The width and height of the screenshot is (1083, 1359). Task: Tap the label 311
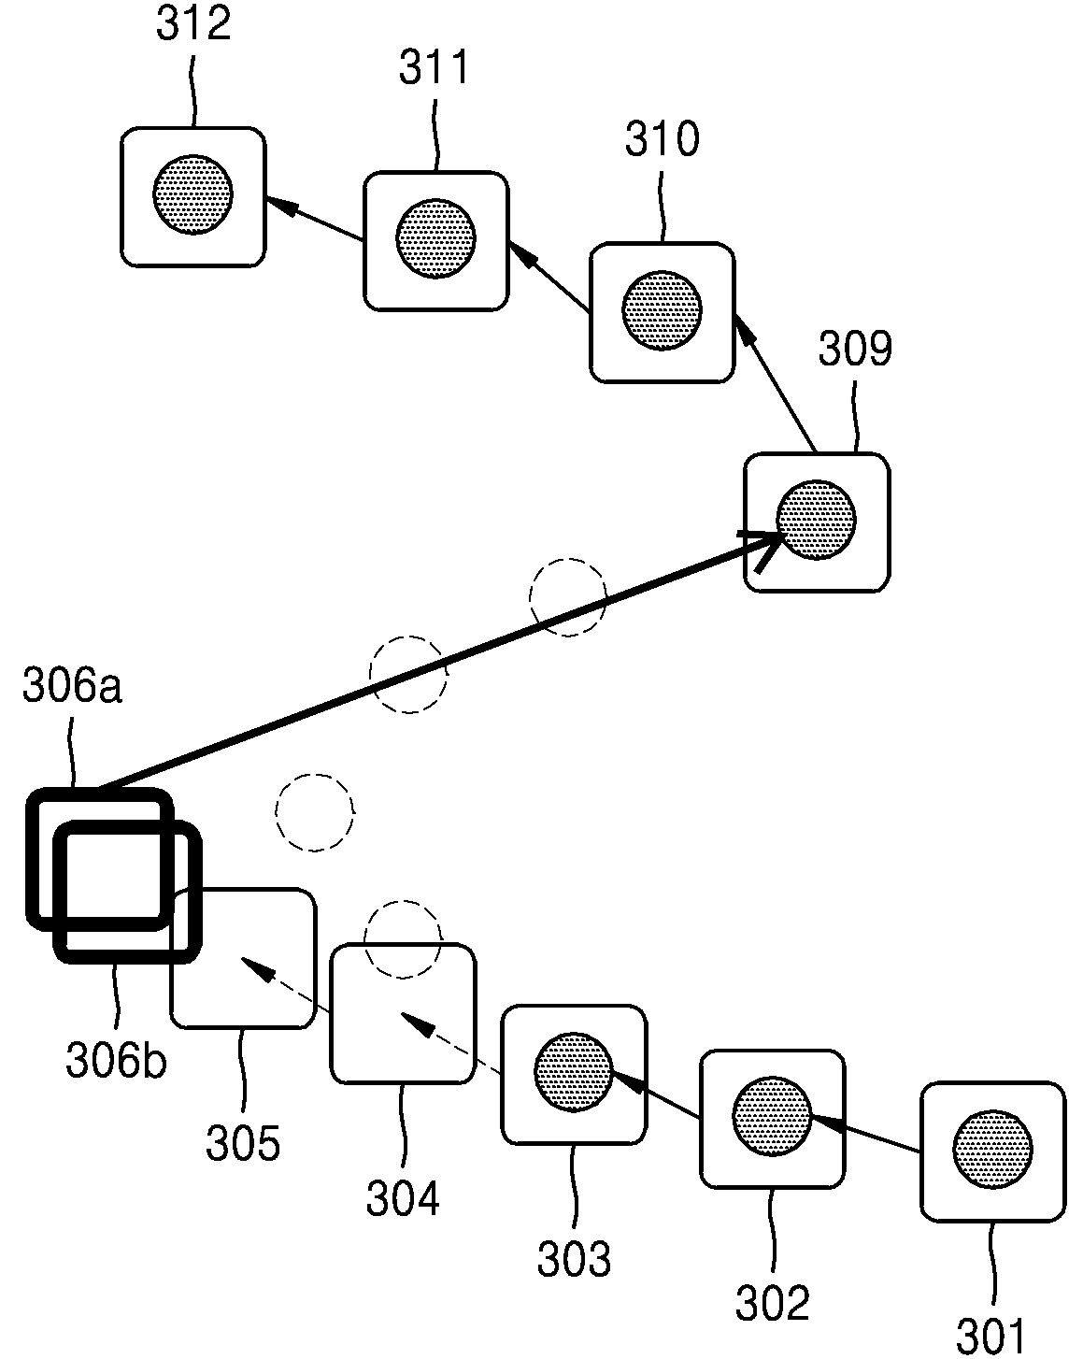[x=435, y=67]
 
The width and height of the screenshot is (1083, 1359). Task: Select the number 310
[x=663, y=138]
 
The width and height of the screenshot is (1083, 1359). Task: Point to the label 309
[x=855, y=348]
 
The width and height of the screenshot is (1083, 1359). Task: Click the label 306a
[x=72, y=685]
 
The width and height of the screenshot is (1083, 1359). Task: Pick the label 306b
[x=116, y=1059]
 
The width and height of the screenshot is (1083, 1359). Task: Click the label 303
[x=574, y=1259]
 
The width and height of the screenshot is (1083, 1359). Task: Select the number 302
[x=773, y=1303]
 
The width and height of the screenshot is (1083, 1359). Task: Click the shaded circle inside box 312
[x=193, y=194]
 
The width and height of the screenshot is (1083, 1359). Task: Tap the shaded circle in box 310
[x=662, y=310]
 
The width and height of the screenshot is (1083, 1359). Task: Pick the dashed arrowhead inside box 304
[x=417, y=1024]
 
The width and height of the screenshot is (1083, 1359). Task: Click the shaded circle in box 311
[x=435, y=238]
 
